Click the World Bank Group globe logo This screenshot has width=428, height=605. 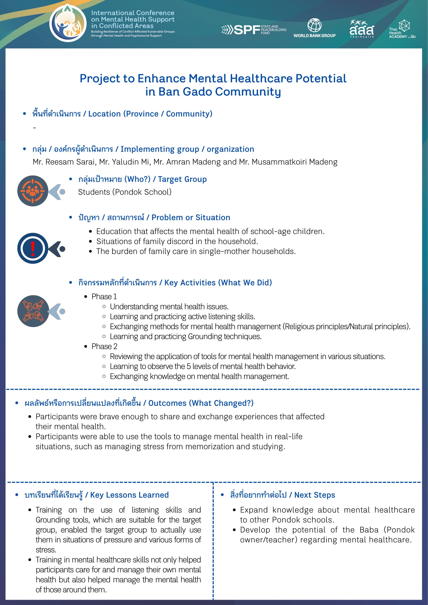tap(314, 25)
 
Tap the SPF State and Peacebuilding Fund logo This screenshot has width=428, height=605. tap(254, 30)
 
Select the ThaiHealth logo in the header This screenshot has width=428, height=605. tap(362, 29)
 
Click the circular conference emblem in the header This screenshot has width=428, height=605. tap(68, 23)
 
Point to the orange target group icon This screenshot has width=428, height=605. tap(33, 191)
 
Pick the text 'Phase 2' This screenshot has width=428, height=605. tap(104, 346)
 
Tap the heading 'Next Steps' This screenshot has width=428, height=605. tap(314, 495)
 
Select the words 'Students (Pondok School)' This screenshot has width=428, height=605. tap(125, 192)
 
